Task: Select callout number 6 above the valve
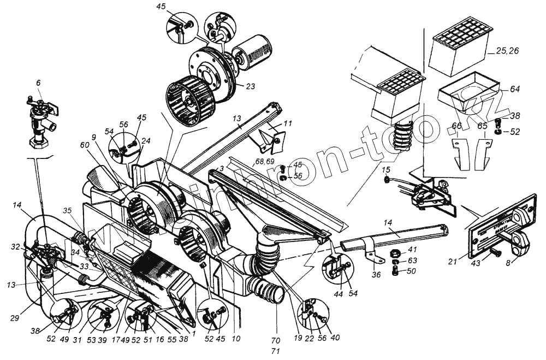click(38, 82)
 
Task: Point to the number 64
click(515, 89)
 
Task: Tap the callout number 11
click(288, 123)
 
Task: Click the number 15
click(386, 170)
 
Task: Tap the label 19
click(297, 337)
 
